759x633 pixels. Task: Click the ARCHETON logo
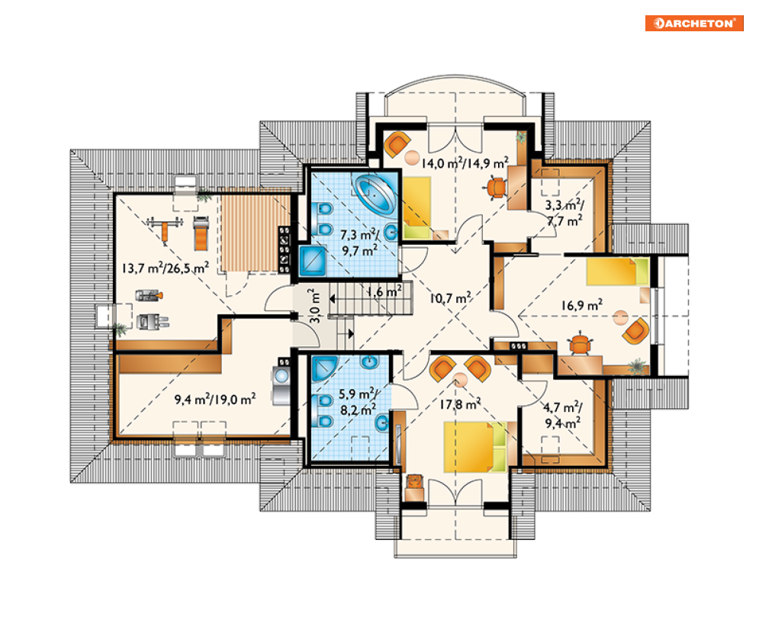pyautogui.click(x=693, y=23)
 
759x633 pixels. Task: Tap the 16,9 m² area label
pyautogui.click(x=582, y=305)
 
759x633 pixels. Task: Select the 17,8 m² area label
pyautogui.click(x=460, y=403)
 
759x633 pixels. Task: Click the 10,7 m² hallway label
pyautogui.click(x=450, y=298)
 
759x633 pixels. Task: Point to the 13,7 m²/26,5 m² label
pyautogui.click(x=165, y=268)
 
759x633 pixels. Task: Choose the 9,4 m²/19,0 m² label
pyautogui.click(x=215, y=400)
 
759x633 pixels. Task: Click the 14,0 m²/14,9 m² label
pyautogui.click(x=465, y=163)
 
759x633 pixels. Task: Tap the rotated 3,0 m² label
pyautogui.click(x=314, y=306)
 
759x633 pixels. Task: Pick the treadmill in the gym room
pyautogui.click(x=201, y=233)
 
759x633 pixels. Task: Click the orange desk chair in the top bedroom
pyautogui.click(x=496, y=188)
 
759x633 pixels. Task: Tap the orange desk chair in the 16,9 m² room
pyautogui.click(x=580, y=344)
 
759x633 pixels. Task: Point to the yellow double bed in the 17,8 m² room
pyautogui.click(x=475, y=447)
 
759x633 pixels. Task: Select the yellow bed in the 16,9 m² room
pyautogui.click(x=617, y=272)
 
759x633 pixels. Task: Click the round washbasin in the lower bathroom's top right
pyautogui.click(x=369, y=361)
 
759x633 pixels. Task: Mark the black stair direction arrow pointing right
pyautogui.click(x=351, y=333)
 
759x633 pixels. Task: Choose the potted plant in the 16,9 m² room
pyautogui.click(x=638, y=366)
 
